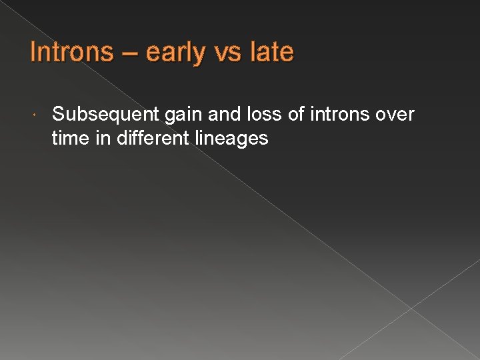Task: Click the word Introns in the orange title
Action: coord(72,52)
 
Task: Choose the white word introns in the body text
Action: coord(343,115)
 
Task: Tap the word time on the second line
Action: coord(69,139)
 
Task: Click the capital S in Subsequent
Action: coord(58,115)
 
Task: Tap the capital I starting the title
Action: coord(33,52)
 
